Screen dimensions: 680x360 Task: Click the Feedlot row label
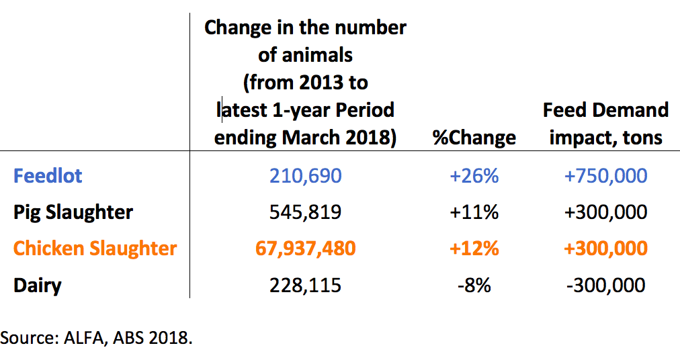[x=48, y=176]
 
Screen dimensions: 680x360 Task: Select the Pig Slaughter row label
[x=73, y=212]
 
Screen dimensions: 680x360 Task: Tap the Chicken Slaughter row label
[x=95, y=249]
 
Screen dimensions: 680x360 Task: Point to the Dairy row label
[x=38, y=286]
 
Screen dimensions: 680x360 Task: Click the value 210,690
[x=305, y=176]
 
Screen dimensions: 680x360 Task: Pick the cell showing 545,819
[x=305, y=212]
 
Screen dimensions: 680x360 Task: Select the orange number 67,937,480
[x=305, y=249]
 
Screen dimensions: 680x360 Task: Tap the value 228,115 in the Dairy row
[x=305, y=285]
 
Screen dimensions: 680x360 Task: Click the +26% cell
[x=474, y=176]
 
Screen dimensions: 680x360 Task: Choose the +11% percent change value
[x=474, y=212]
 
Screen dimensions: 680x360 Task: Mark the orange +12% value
[x=474, y=249]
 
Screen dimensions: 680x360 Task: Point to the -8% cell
[x=474, y=285]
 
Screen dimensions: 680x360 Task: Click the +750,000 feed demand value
[x=606, y=176]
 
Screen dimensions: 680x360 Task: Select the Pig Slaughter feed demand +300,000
[x=606, y=212]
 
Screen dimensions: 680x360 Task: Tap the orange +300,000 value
[x=606, y=249]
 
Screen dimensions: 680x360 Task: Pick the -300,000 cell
[x=606, y=285]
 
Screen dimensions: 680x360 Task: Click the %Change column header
[x=474, y=138]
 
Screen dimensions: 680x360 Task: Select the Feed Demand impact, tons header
[x=606, y=124]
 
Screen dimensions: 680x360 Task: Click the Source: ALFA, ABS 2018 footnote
[x=96, y=337]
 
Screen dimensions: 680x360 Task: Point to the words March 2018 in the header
[x=339, y=138]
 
